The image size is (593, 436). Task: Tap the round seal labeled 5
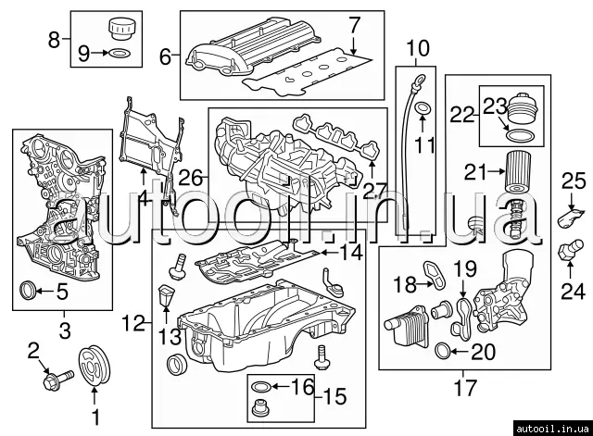[x=28, y=291]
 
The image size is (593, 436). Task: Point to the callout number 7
[x=353, y=26]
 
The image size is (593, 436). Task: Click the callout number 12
[x=133, y=323]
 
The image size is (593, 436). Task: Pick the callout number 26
[x=191, y=178]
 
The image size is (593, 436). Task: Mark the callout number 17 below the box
[x=464, y=387]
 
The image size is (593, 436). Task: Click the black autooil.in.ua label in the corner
[x=552, y=428]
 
